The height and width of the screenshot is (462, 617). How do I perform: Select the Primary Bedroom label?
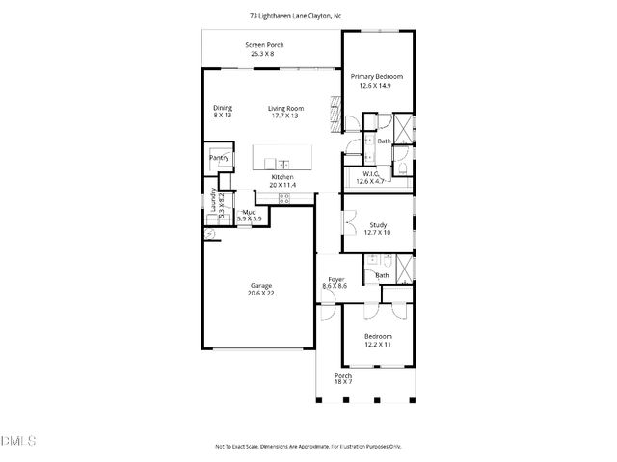pyautogui.click(x=376, y=76)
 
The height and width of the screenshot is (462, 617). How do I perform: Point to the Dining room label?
pyautogui.click(x=223, y=108)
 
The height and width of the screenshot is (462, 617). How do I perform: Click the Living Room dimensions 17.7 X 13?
pyautogui.click(x=285, y=115)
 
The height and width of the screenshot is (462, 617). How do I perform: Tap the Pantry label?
pyautogui.click(x=219, y=157)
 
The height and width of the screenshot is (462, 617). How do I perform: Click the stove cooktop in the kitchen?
pyautogui.click(x=284, y=199)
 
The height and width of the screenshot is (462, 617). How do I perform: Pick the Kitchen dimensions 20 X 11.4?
pyautogui.click(x=282, y=185)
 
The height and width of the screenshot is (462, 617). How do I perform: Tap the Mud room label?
pyautogui.click(x=249, y=212)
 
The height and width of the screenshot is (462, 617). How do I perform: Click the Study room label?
pyautogui.click(x=377, y=225)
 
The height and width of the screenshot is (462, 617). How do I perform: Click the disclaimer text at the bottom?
pyautogui.click(x=308, y=446)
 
